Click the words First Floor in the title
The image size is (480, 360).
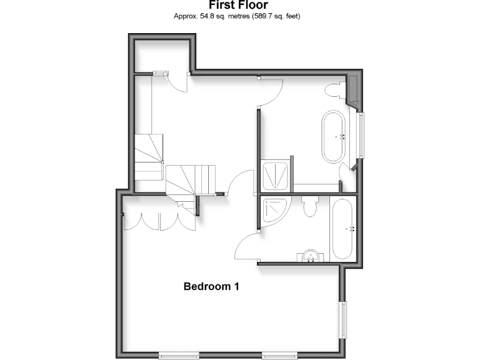pos(238,6)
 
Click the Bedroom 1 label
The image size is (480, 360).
pos(211,287)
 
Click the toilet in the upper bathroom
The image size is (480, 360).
pos(333,90)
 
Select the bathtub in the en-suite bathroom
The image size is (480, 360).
pos(343,229)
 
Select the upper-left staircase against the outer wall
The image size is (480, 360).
pos(148,156)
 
